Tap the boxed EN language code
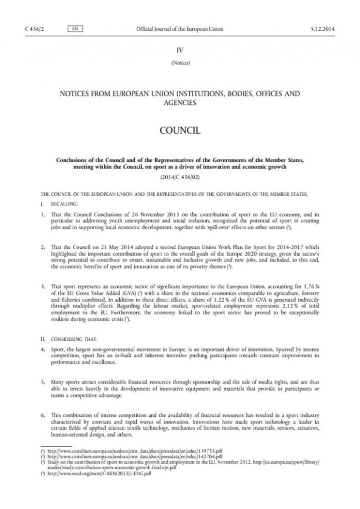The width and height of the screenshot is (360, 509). [x=75, y=29]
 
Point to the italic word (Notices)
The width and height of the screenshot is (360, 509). [x=179, y=63]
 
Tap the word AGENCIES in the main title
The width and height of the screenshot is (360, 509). [x=179, y=103]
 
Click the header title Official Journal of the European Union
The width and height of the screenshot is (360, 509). [x=179, y=29]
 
